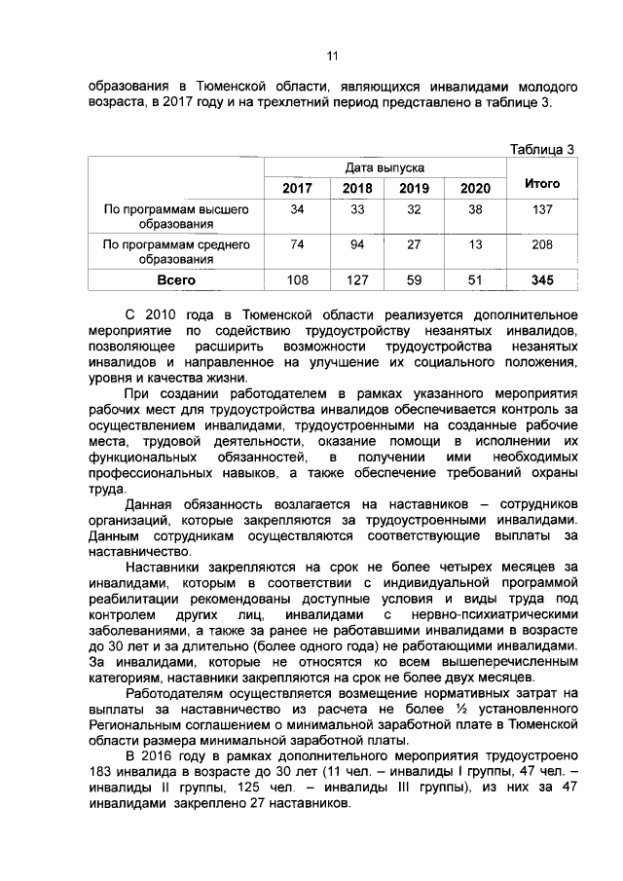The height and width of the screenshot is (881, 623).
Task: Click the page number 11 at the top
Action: (331, 55)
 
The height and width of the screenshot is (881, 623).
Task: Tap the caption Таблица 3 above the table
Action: (542, 149)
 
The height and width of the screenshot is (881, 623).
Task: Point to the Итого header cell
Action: (542, 182)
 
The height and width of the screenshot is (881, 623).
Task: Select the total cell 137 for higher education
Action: (542, 210)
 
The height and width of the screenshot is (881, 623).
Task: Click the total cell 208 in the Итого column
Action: (542, 245)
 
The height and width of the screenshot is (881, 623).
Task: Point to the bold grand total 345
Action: (542, 280)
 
